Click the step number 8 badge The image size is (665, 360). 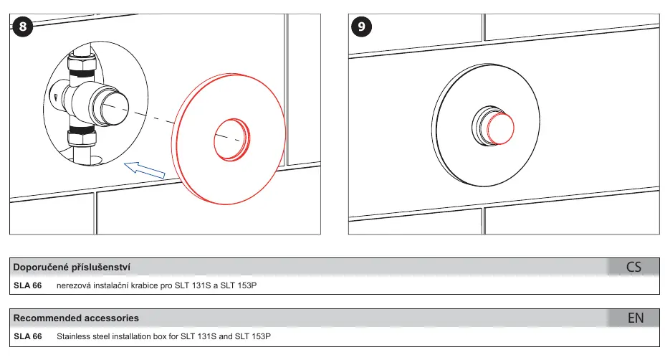pos(23,27)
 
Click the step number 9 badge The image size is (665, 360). pos(361,27)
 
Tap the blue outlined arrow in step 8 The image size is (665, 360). pos(144,170)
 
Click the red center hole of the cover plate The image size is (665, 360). pos(231,139)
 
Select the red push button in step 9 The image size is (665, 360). pos(500,128)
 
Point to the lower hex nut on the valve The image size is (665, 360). pos(82,136)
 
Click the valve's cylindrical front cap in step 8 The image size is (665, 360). pos(110,106)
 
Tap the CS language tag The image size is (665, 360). pos(633,267)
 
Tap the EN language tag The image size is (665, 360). pos(636,318)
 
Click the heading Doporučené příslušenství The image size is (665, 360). pos(72,267)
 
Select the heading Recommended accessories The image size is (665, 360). pos(76,318)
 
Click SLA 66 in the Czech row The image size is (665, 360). pos(27,285)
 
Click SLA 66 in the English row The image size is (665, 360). pos(27,336)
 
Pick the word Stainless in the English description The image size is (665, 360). pos(72,336)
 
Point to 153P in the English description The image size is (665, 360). pos(261,336)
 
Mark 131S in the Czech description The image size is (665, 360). pos(201,285)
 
